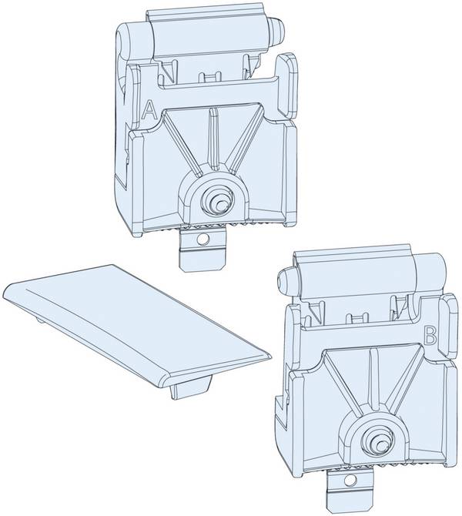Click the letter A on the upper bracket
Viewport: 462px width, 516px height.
click(x=149, y=110)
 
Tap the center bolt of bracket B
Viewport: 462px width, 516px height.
click(x=377, y=441)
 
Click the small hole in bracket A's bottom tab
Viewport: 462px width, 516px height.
click(x=203, y=239)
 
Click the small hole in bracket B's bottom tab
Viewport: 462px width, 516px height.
click(x=350, y=481)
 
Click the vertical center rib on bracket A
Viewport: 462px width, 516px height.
click(x=215, y=138)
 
